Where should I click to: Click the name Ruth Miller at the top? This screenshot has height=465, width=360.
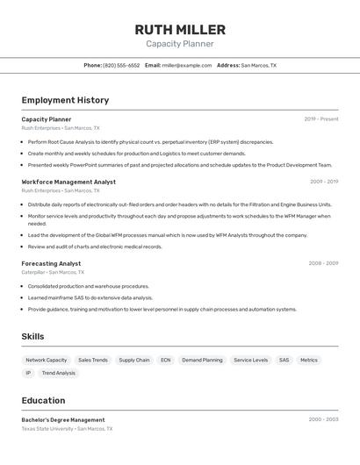[180, 29]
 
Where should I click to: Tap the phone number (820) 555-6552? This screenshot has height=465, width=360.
[121, 65]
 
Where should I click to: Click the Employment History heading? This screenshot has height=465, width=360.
[65, 100]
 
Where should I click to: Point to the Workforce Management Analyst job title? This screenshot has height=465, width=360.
[68, 182]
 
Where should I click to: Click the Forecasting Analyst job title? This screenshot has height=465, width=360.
[51, 263]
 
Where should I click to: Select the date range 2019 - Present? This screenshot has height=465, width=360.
[321, 119]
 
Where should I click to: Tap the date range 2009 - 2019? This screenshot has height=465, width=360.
[323, 182]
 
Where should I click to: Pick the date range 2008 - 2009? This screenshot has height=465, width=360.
[323, 263]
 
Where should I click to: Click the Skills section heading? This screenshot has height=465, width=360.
[32, 336]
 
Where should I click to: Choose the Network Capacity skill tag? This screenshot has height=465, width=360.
[47, 360]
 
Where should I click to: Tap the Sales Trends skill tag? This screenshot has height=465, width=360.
[93, 360]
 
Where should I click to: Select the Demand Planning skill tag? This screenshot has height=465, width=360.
[202, 360]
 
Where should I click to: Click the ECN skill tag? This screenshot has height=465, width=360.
[166, 360]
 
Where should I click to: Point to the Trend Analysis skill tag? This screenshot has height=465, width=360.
[59, 373]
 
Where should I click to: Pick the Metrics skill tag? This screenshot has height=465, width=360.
[309, 360]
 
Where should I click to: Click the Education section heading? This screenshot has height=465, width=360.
[43, 400]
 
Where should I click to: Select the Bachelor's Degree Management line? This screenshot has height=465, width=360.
[63, 419]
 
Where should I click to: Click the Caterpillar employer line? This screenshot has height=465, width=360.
[54, 272]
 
